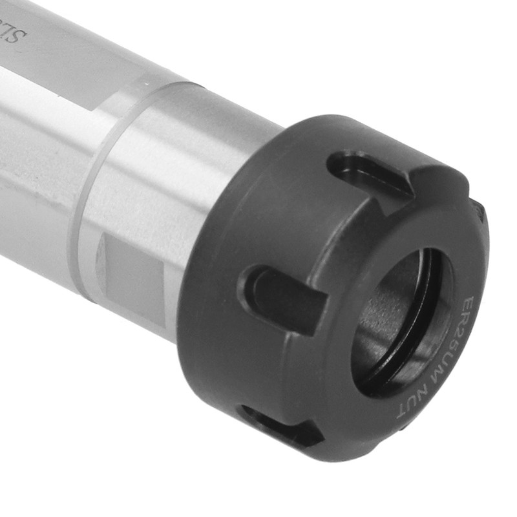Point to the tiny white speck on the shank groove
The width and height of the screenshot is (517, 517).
(x=143, y=85)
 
